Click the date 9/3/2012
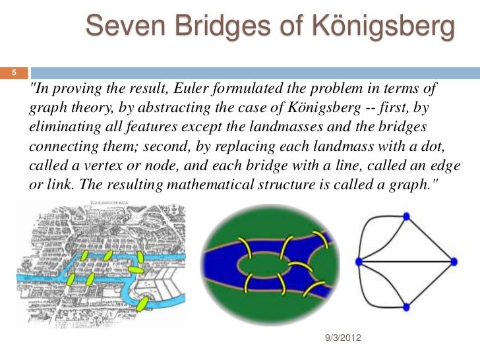coord(344,338)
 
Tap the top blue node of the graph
coord(406,216)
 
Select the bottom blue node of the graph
coord(406,307)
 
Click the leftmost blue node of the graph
coord(359,262)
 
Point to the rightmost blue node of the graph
coord(454,262)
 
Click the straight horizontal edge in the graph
coord(406,262)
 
